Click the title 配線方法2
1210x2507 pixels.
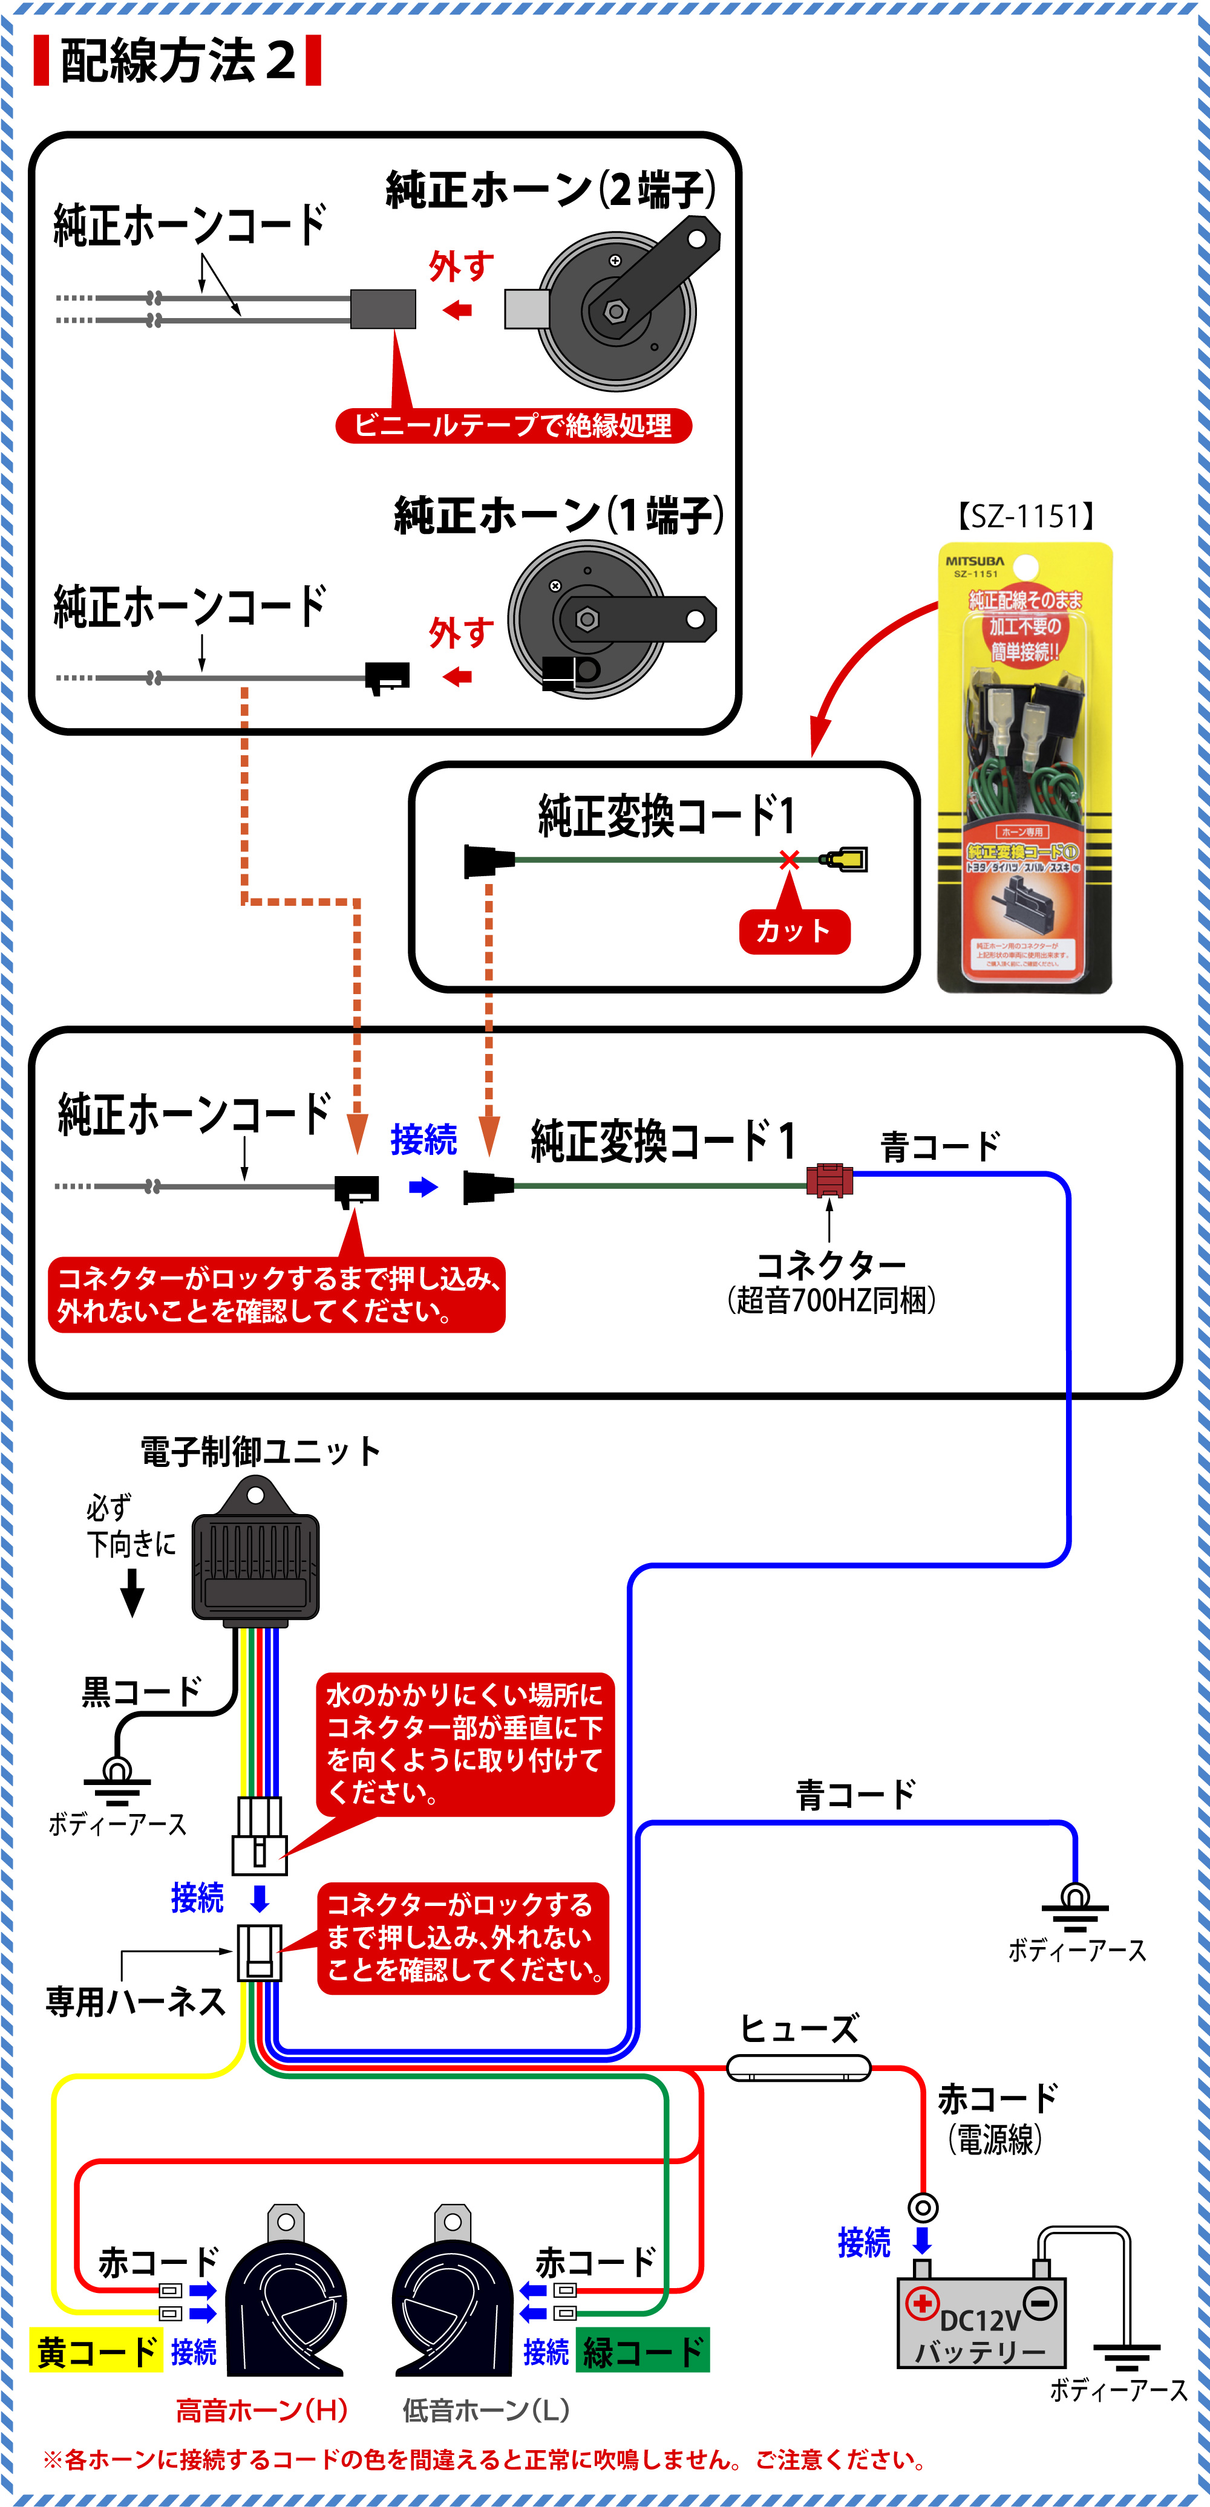pos(177,60)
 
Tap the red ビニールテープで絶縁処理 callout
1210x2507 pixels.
pos(513,425)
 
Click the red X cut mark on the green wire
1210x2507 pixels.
pos(788,859)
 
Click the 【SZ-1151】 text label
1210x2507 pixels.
pos(1025,516)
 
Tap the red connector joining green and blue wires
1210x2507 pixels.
pos(829,1180)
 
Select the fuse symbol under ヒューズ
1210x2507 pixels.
pos(798,2067)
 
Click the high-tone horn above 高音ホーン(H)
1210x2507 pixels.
pos(285,2301)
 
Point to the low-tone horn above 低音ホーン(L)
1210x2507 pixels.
pos(452,2301)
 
